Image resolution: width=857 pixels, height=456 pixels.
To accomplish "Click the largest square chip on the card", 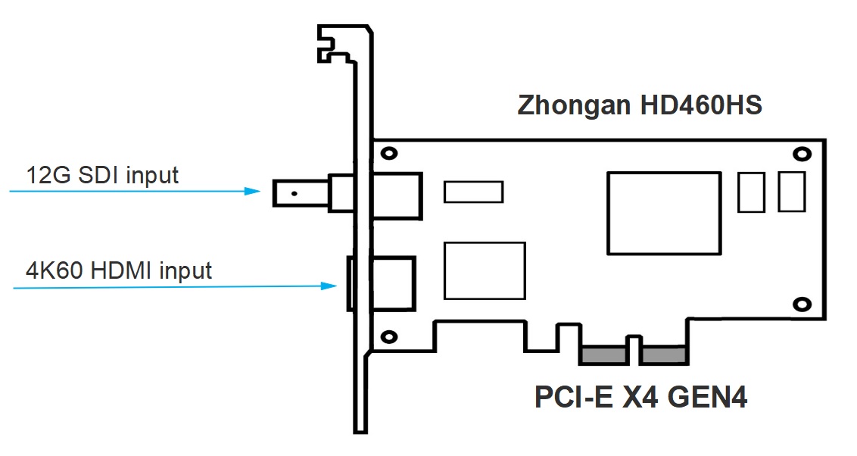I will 663,213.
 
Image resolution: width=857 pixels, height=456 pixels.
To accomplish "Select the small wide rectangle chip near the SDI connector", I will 473,192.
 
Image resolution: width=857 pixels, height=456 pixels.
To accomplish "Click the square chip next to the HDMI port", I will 485,270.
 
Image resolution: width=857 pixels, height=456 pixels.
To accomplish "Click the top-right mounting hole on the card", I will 800,154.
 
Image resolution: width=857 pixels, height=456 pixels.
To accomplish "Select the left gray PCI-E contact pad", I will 603,354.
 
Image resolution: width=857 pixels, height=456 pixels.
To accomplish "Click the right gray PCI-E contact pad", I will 663,354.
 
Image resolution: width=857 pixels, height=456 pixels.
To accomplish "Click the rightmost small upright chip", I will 791,192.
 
